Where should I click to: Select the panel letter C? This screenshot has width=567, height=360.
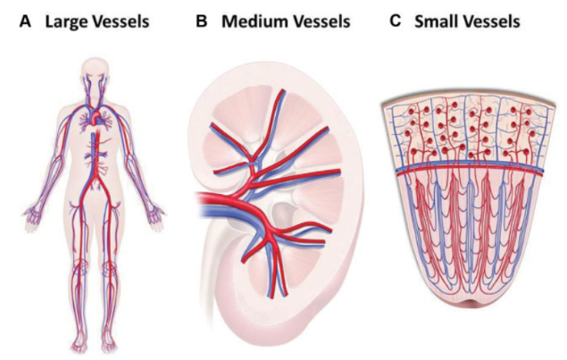396,20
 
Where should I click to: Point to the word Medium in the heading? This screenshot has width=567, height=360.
258,20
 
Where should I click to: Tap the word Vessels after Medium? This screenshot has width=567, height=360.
327,20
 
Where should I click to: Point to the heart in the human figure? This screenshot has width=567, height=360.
95,117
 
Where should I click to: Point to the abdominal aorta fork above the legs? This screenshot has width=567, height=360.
95,189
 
